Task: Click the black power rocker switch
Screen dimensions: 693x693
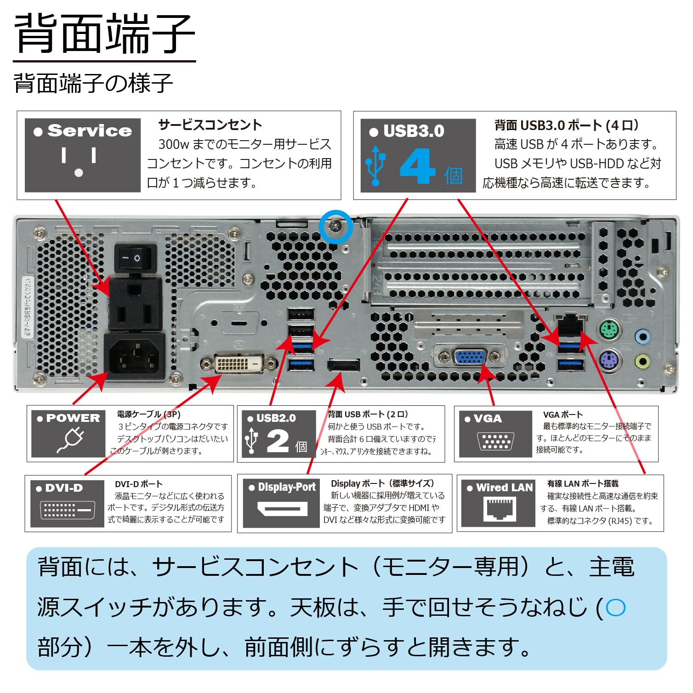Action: coord(135,258)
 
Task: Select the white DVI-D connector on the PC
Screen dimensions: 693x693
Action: coord(239,364)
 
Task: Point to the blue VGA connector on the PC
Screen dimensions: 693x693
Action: coord(469,357)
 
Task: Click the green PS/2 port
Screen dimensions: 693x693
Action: coord(610,329)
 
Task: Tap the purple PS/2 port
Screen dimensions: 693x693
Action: coord(610,360)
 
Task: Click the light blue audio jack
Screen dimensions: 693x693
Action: coord(642,336)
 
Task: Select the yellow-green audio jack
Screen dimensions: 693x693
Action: coord(642,361)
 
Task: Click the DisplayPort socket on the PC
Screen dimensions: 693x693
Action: coord(343,365)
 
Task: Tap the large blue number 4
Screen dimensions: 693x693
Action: coord(417,166)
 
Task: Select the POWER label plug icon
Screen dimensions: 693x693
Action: coord(70,440)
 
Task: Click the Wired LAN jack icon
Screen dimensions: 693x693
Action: coord(499,509)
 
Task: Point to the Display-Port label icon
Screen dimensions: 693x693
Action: coord(282,509)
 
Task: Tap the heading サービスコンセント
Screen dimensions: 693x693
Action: coord(210,125)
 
